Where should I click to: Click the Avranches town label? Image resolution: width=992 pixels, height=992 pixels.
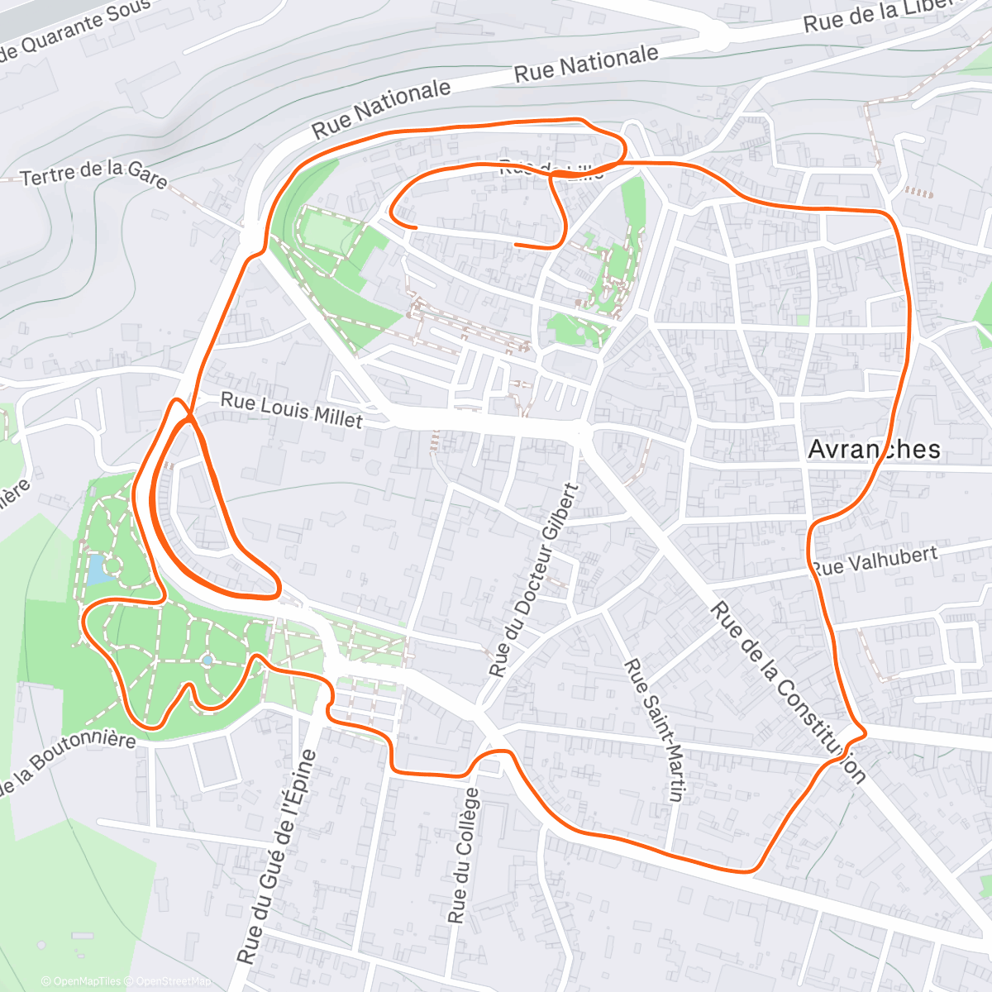(874, 449)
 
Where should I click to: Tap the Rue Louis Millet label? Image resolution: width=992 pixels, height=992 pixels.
(291, 411)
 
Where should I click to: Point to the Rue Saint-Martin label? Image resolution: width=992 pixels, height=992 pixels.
(654, 729)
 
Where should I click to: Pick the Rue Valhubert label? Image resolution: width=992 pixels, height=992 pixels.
(875, 560)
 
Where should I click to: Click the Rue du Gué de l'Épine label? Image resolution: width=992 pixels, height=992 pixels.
(276, 856)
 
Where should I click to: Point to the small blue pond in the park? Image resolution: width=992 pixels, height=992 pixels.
(96, 568)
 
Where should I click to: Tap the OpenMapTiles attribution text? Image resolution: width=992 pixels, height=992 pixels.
(81, 981)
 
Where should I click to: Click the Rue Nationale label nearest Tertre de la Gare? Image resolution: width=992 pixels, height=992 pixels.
(381, 109)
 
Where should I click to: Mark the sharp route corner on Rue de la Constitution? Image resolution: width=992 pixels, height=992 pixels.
(864, 732)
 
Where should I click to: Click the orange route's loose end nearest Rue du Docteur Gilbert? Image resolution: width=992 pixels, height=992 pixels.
(517, 245)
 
